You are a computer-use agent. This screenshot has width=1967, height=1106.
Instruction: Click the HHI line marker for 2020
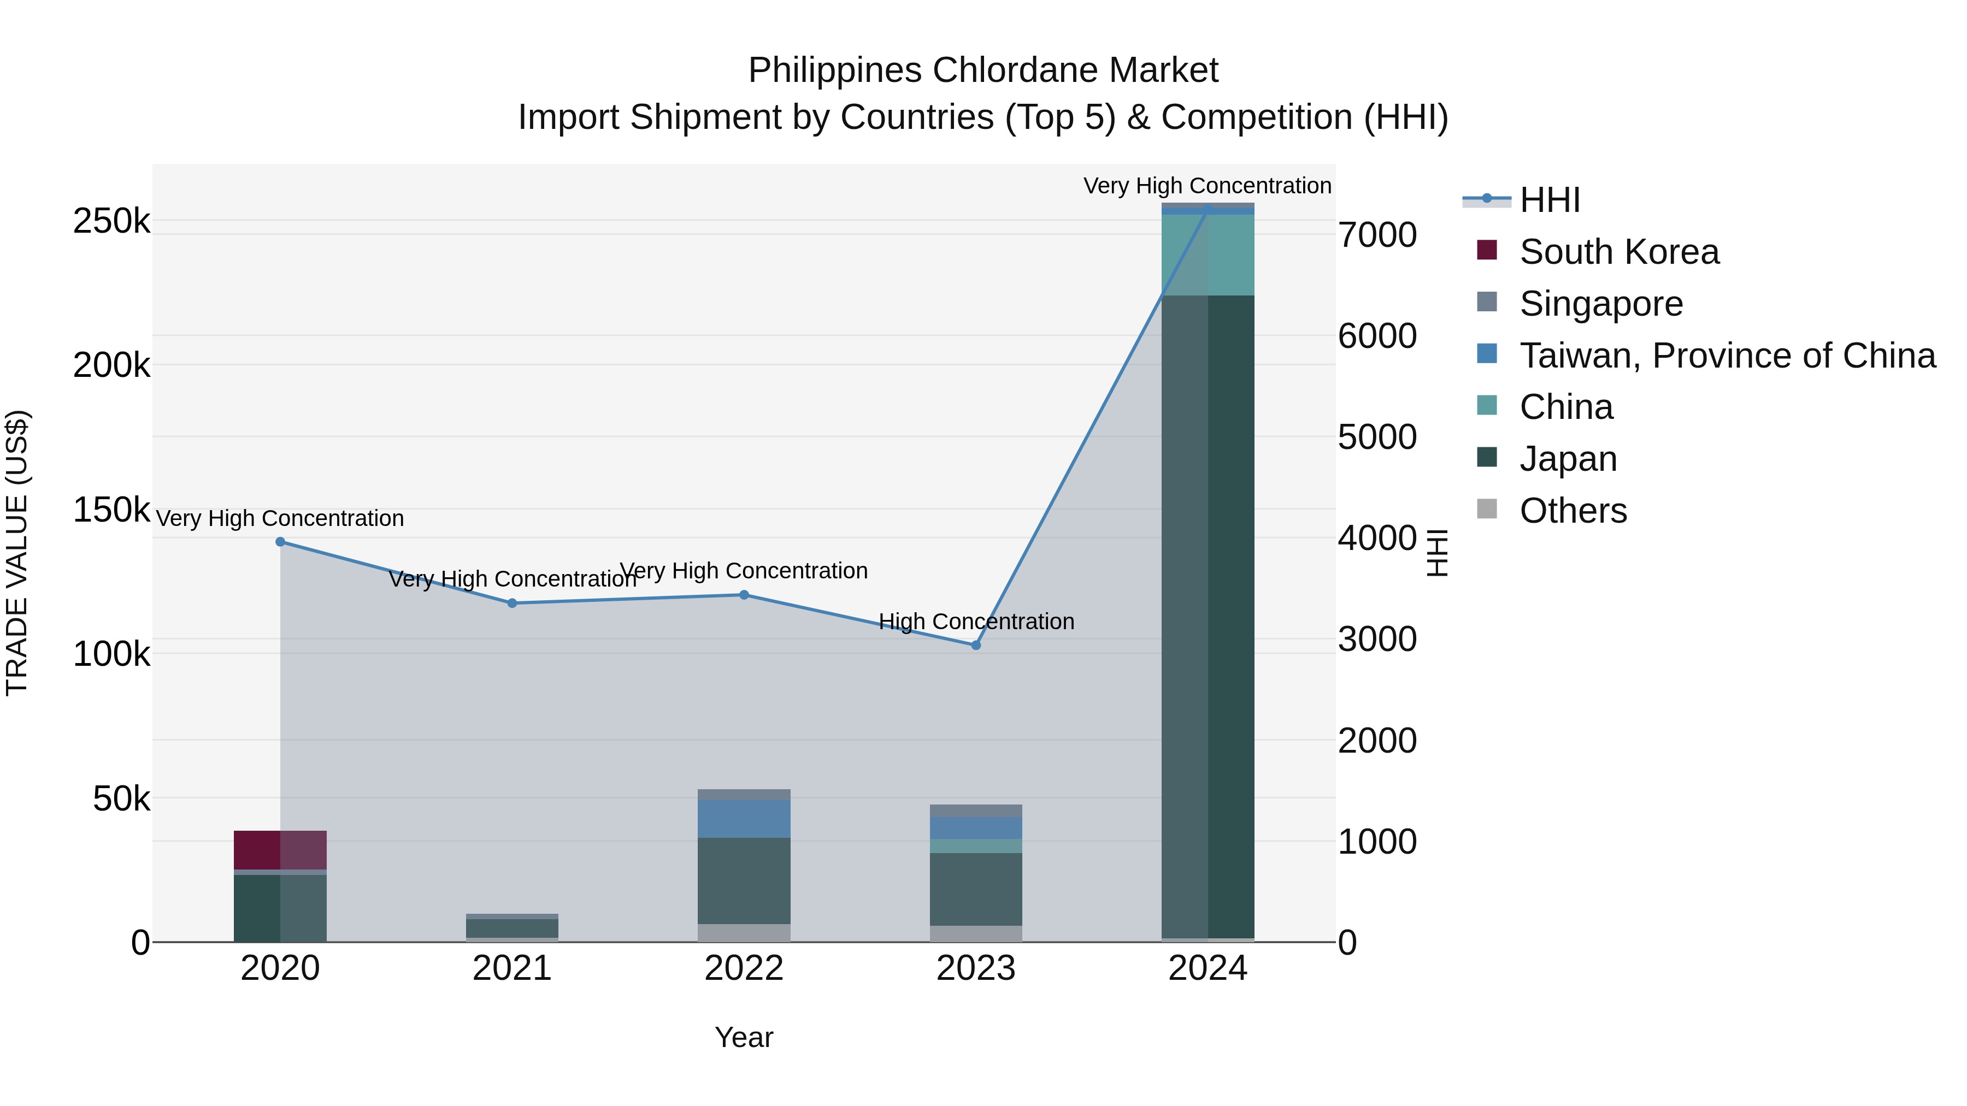point(280,542)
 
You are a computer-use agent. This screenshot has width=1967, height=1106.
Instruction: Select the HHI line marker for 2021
point(513,603)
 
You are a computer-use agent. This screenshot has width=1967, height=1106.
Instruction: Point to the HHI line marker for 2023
point(976,645)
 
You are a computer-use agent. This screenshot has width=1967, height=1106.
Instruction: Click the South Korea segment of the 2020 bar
point(280,849)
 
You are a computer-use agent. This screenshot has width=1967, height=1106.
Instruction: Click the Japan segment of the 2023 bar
point(976,889)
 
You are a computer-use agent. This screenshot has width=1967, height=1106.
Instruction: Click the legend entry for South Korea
point(1619,252)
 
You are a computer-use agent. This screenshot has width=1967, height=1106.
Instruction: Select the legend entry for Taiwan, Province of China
point(1727,356)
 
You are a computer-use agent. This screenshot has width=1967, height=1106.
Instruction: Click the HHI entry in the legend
point(1550,200)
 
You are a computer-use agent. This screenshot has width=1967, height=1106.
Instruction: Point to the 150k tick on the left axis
point(111,509)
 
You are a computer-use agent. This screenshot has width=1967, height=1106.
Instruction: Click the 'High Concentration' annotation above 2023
point(976,622)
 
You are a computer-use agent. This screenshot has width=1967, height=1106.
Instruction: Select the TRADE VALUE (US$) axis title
point(17,553)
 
